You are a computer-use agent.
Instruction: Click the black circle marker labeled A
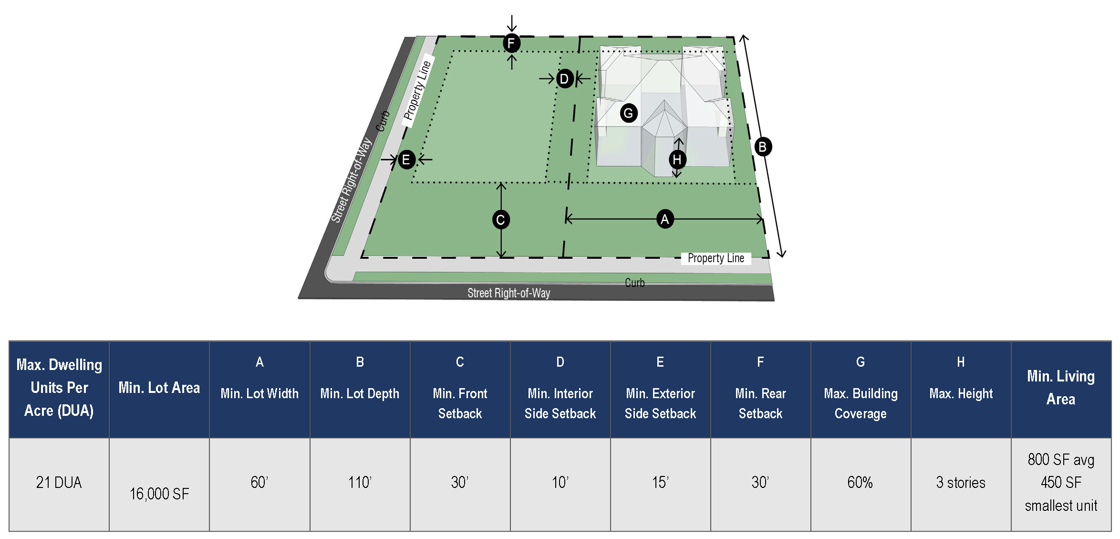click(664, 219)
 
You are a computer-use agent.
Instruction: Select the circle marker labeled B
click(762, 147)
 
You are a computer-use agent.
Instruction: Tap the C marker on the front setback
click(500, 220)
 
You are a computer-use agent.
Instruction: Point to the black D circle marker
click(564, 78)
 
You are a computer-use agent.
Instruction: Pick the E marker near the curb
click(406, 159)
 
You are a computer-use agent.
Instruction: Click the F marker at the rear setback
click(511, 43)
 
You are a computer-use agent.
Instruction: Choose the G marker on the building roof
click(629, 113)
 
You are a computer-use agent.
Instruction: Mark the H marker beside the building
click(677, 159)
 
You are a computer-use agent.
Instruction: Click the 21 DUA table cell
click(59, 482)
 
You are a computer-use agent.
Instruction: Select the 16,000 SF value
click(159, 494)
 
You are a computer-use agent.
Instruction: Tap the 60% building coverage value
click(860, 482)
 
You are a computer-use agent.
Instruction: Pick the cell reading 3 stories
click(961, 482)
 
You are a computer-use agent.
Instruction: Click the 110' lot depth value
click(360, 482)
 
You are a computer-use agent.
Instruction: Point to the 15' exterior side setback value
click(660, 482)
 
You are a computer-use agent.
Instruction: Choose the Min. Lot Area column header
click(159, 387)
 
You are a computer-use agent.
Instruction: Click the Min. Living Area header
click(1061, 387)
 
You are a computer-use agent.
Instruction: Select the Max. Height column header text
click(961, 393)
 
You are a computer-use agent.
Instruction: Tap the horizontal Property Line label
click(716, 258)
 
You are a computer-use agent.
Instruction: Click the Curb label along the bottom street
click(634, 283)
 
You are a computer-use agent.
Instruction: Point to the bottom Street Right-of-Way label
click(508, 293)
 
